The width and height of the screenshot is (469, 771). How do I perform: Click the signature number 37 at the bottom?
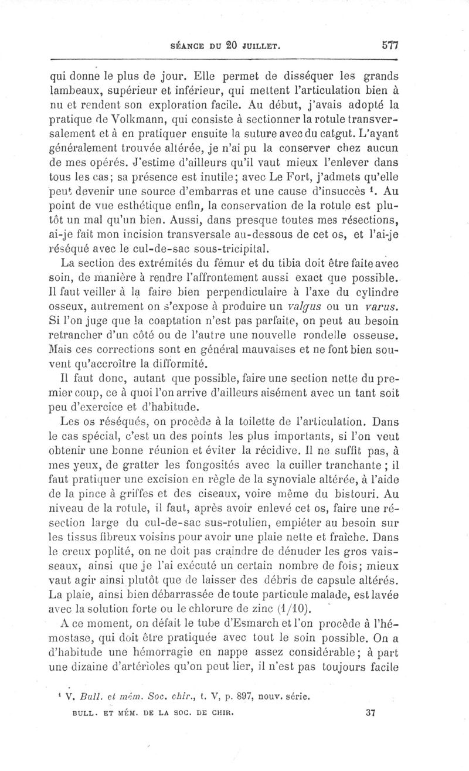tap(369, 714)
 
